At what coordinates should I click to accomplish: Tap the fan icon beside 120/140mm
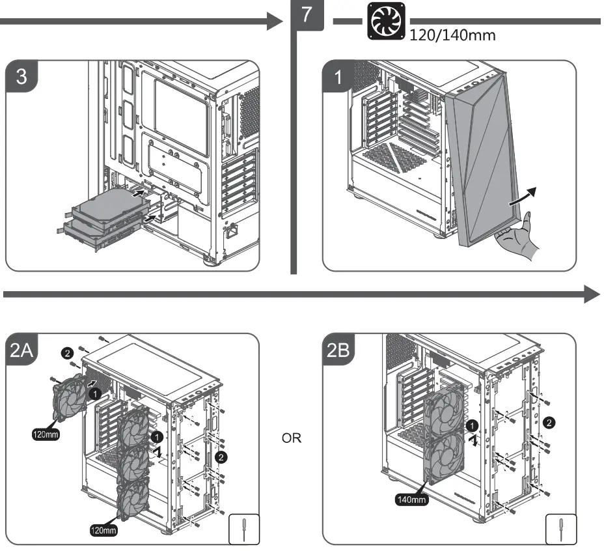click(x=387, y=21)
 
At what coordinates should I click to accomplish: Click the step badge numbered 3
click(x=21, y=76)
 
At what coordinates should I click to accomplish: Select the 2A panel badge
click(x=23, y=351)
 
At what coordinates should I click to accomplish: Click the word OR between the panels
click(x=291, y=438)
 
